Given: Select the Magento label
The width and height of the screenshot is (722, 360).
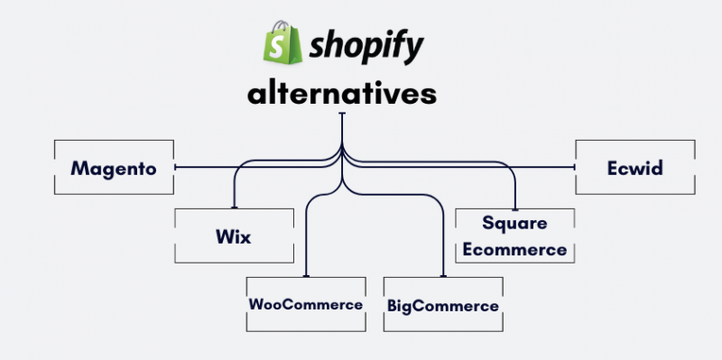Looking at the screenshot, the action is point(114,168).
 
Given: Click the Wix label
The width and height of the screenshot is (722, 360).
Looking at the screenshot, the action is point(233,236).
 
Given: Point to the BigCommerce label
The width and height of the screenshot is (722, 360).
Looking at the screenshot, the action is point(442,306).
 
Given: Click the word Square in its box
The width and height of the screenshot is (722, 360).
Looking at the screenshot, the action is point(514,222).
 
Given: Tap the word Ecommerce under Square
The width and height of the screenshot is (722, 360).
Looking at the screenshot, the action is point(514,249).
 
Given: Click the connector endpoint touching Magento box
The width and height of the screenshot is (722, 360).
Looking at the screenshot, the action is point(175,167).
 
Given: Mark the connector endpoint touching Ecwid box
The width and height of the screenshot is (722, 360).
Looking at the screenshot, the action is point(576,167).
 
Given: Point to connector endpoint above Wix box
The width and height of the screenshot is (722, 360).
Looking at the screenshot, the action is point(234,208).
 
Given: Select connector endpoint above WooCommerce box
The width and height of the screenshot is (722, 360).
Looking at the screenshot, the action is point(307,276).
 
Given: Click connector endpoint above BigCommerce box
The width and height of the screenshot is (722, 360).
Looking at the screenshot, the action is point(442,276).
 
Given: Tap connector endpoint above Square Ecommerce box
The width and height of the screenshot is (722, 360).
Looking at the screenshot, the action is point(515,208).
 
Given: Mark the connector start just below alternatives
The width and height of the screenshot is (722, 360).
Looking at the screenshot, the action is point(342,115).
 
